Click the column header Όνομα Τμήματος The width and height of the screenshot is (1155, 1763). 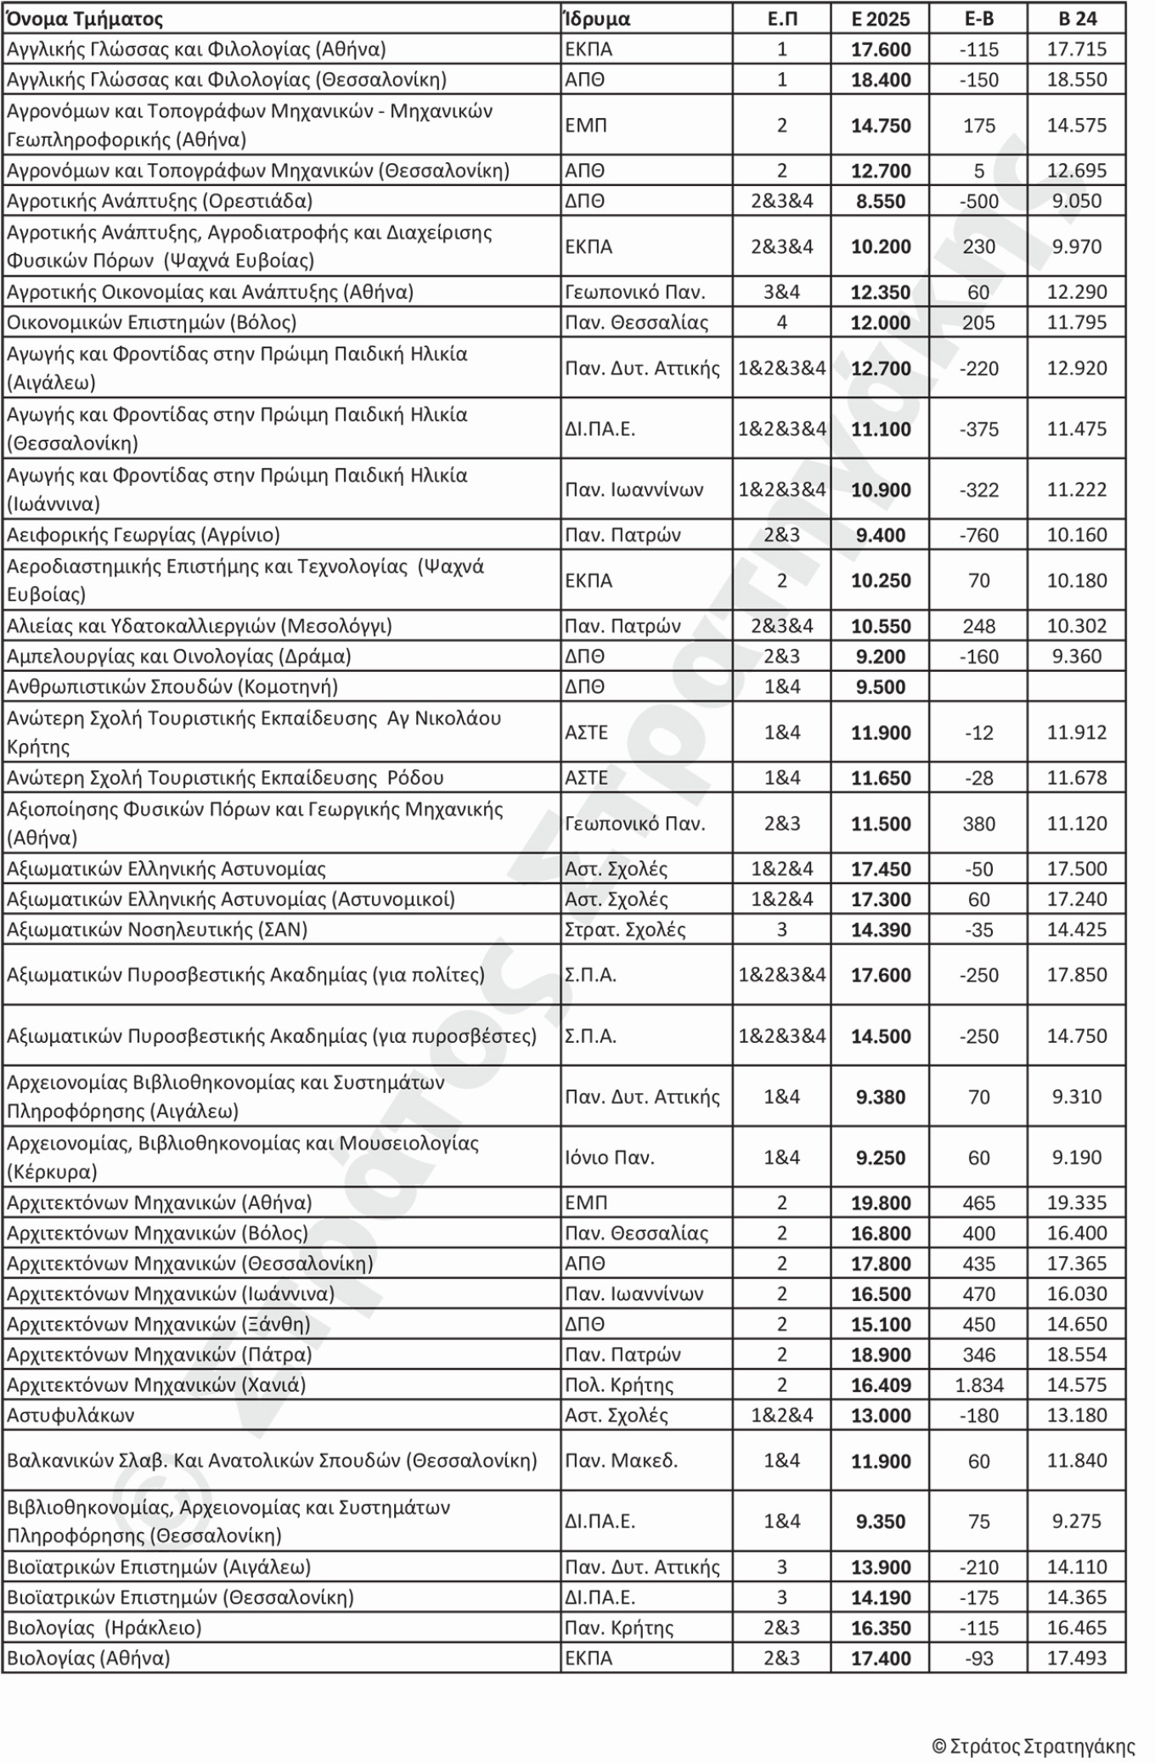[85, 19]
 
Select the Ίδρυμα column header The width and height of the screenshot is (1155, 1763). [597, 19]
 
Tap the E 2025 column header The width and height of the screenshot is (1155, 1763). [881, 19]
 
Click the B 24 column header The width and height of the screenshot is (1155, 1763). [1077, 19]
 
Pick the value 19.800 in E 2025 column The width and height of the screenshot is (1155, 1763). [881, 1203]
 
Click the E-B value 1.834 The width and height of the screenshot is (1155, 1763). [978, 1385]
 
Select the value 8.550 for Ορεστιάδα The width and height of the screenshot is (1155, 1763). [881, 201]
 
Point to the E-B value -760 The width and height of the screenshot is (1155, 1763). [978, 535]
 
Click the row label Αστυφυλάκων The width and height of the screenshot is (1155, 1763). [70, 1415]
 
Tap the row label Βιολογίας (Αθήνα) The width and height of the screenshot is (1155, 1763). [88, 1658]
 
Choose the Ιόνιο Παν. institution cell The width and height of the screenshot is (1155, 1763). [610, 1157]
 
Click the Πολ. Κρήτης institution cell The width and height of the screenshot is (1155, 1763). [619, 1385]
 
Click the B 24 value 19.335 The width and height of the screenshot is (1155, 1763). [1077, 1203]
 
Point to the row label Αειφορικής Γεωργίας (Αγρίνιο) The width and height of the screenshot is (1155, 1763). [144, 535]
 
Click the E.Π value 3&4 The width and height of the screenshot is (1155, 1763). [781, 292]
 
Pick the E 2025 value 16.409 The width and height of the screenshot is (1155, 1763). [881, 1385]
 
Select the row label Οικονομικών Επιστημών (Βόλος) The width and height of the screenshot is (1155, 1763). [152, 323]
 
